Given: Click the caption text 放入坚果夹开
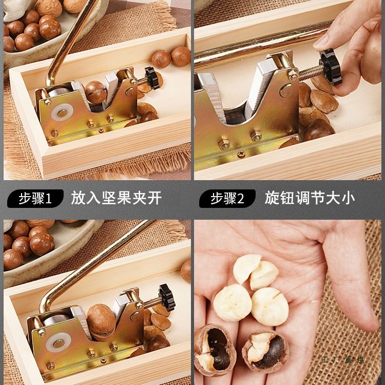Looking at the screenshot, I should (116, 198).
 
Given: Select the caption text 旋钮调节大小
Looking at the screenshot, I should (310, 198).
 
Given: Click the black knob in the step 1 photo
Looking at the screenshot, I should (152, 77).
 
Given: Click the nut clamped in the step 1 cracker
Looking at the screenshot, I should (95, 92).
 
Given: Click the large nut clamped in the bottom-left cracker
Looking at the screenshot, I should (101, 319).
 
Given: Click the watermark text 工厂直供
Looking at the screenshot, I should (343, 359).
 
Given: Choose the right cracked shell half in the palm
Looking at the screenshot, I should (265, 351).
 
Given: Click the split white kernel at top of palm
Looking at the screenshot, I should (256, 272).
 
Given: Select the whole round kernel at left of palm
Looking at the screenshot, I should (233, 302).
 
